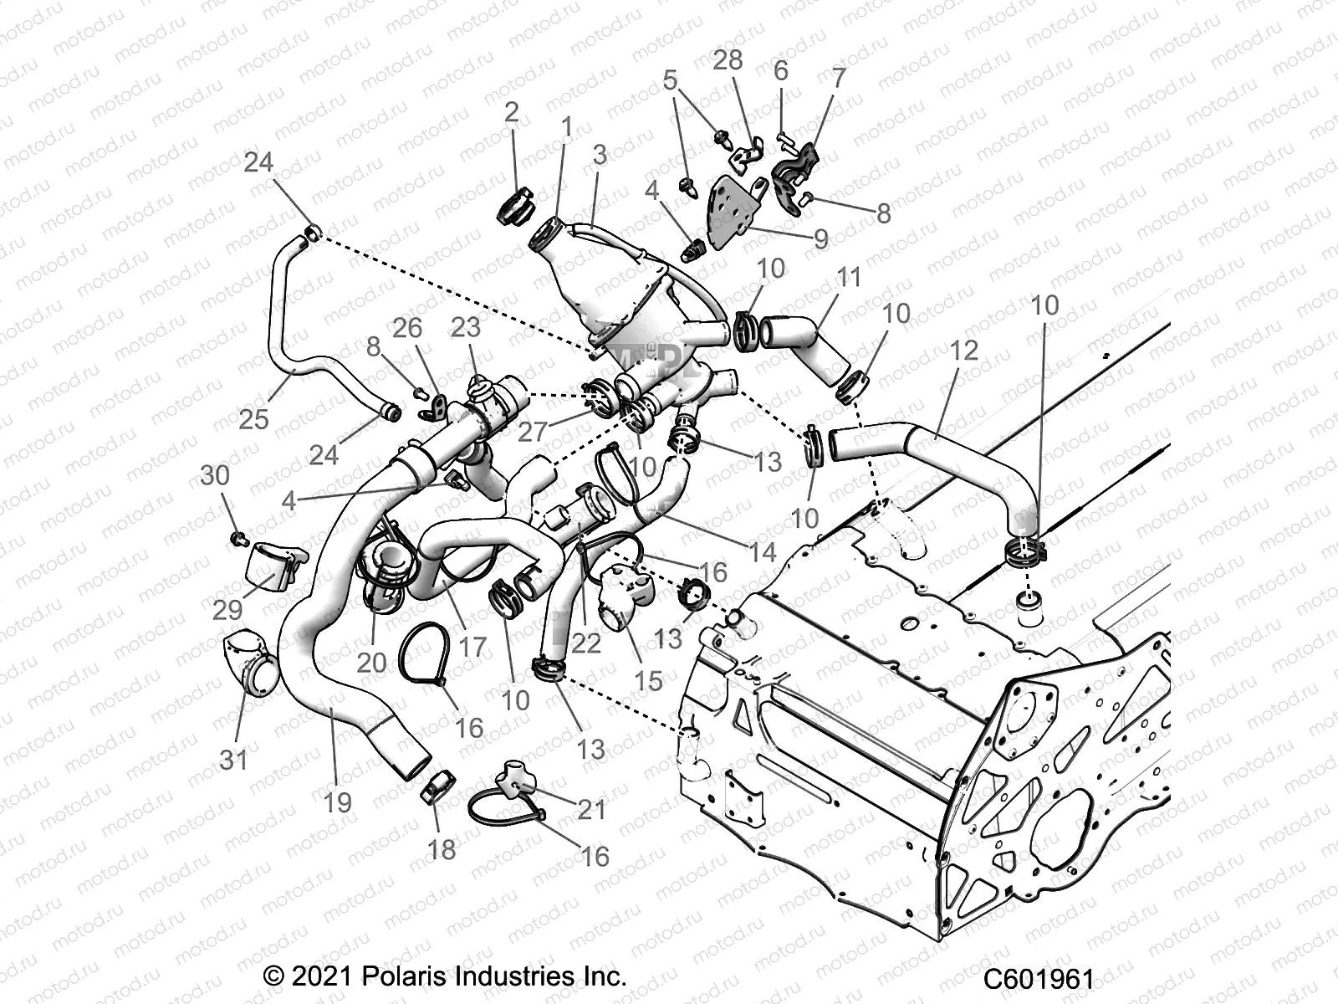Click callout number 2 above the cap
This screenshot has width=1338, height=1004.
(x=511, y=112)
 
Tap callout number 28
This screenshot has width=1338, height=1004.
(x=728, y=61)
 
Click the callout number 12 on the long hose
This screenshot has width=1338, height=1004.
(x=963, y=350)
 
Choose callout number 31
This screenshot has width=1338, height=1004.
(x=234, y=760)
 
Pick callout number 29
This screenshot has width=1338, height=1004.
(x=227, y=610)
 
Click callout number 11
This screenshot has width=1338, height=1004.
(x=848, y=277)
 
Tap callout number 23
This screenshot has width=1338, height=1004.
(x=465, y=328)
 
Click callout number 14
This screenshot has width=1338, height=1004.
(x=763, y=552)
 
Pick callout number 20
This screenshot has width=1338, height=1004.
(x=371, y=663)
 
